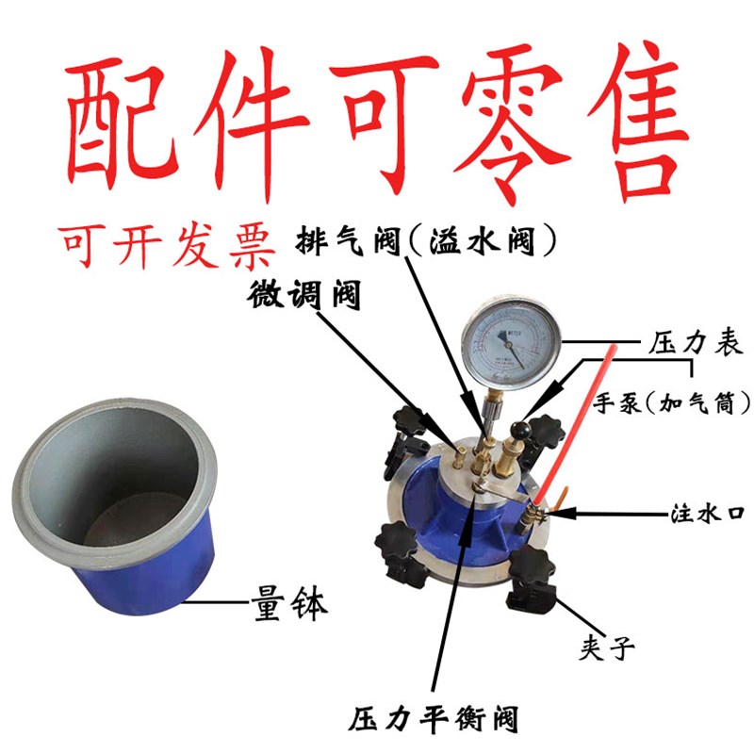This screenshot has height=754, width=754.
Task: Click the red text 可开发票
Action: [x=168, y=247]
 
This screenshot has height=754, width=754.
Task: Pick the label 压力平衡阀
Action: [x=433, y=721]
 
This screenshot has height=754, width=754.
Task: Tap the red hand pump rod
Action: [x=575, y=423]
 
